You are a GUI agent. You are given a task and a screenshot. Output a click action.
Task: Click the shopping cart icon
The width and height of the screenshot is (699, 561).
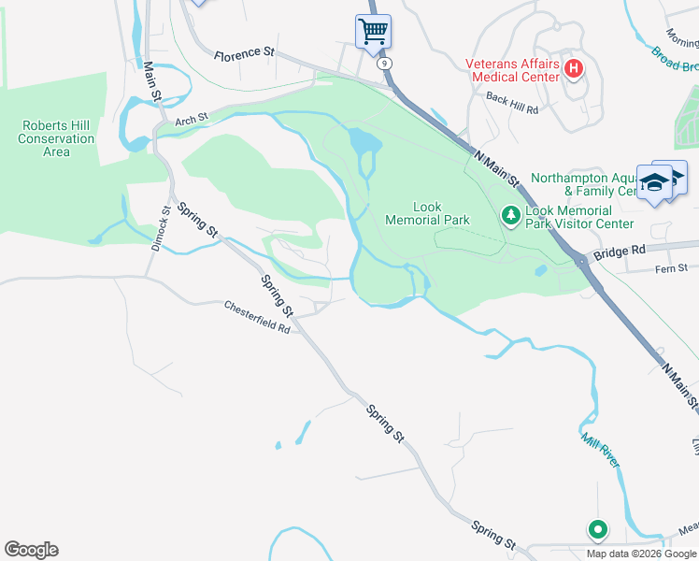373,31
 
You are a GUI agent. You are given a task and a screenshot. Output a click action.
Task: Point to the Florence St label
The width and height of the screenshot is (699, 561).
243,55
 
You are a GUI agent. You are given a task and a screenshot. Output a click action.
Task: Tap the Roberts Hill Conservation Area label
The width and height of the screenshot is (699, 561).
56,138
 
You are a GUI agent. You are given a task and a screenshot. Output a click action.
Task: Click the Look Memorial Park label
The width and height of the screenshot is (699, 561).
427,213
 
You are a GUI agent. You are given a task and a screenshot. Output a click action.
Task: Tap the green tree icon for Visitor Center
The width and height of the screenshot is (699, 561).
511,216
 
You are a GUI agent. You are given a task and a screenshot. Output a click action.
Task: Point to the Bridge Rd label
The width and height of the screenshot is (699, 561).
619,252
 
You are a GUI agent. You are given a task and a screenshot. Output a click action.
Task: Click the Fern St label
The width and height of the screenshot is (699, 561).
645,269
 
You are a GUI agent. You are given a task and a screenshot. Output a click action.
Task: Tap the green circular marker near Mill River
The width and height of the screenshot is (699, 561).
597,530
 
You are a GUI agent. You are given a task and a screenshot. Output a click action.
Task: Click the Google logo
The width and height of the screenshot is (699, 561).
31,550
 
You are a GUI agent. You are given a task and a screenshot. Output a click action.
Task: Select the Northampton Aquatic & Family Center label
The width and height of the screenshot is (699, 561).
581,184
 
